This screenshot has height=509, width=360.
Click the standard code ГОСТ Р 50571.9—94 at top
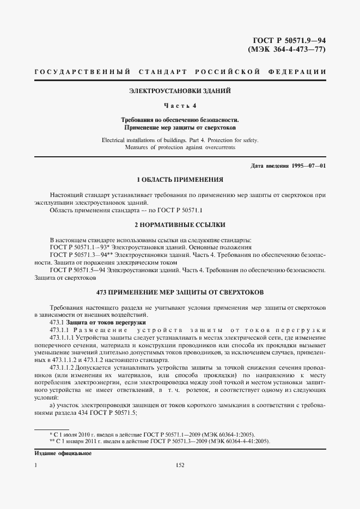290,41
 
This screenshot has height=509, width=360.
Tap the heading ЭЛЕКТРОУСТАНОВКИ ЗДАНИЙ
180,90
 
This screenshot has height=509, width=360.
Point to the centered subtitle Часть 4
180,105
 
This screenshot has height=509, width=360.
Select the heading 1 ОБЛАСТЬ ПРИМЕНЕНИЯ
180,179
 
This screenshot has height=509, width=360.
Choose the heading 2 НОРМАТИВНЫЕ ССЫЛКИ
180,224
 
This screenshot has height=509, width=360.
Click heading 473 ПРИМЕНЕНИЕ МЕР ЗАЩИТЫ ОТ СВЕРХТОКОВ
180,292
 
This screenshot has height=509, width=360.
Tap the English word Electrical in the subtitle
116,140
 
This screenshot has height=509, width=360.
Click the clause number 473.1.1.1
62,338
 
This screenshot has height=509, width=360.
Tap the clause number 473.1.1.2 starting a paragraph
62,367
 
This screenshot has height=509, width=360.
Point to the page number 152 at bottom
180,465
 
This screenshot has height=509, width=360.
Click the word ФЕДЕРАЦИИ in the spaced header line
298,72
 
